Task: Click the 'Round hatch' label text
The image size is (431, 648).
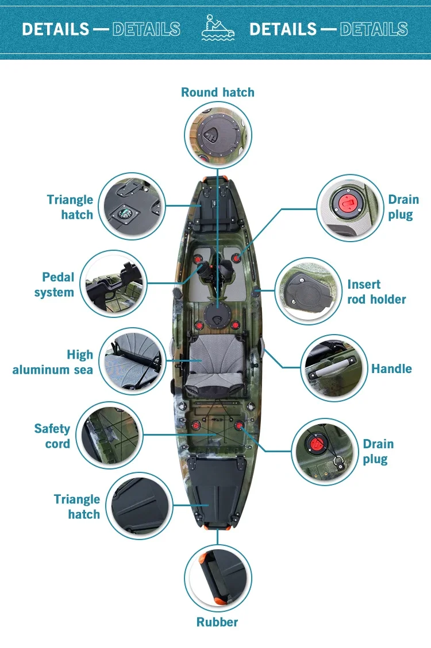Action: [217, 92]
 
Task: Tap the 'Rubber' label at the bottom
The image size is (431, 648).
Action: [217, 622]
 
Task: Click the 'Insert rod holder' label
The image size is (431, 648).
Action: [376, 292]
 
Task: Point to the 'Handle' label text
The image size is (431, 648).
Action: [391, 368]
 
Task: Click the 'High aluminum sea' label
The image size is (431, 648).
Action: [53, 362]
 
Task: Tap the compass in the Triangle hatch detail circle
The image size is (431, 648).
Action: [126, 213]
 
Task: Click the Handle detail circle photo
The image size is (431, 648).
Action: [334, 368]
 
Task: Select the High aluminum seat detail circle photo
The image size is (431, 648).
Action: [132, 360]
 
